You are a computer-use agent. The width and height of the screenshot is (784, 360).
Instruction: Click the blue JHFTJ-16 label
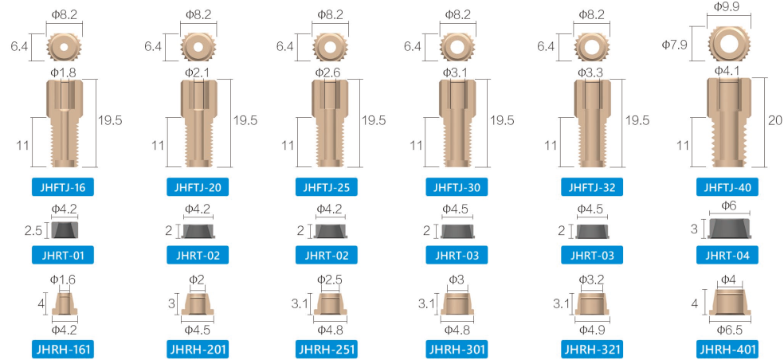click(62, 188)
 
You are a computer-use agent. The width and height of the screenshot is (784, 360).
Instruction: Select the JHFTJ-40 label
click(727, 188)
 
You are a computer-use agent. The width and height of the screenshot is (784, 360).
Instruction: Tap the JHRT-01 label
click(62, 256)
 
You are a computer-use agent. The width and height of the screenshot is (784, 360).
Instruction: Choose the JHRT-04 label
click(727, 256)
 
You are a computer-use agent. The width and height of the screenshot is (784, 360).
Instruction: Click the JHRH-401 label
click(727, 349)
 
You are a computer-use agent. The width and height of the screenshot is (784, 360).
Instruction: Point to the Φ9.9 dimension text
click(727, 7)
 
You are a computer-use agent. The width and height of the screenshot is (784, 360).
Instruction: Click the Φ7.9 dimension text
click(675, 45)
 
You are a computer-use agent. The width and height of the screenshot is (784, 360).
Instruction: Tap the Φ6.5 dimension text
click(730, 330)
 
